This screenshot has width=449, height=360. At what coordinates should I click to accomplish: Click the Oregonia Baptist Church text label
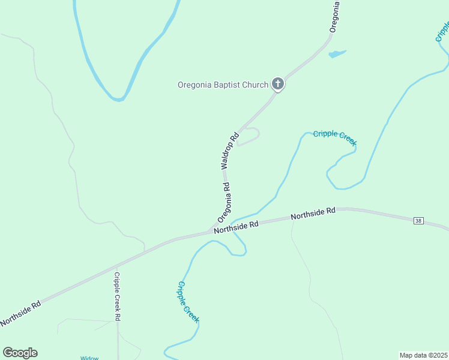pos(223,85)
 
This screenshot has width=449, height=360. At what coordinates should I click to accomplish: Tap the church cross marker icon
pos(277,84)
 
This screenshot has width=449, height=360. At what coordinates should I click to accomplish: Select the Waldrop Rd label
pos(226,150)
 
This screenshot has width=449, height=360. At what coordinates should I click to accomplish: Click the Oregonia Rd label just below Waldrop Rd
pos(224,200)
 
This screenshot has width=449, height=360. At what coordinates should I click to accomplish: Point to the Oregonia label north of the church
pos(335,17)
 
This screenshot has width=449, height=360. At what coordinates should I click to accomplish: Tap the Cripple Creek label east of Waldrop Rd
pos(335,137)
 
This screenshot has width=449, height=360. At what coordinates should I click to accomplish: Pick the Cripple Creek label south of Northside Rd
pos(187,302)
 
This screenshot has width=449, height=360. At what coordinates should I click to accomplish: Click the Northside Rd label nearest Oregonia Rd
pos(236,226)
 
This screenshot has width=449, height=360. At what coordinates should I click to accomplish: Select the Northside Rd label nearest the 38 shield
pos(313,214)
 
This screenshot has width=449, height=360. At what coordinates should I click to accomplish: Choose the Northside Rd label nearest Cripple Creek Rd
pos(20,313)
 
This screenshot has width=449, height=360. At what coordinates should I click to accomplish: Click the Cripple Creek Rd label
pos(118,296)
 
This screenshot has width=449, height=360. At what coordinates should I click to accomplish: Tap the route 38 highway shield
pos(418,221)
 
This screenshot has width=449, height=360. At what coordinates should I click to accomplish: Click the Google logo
pos(20,353)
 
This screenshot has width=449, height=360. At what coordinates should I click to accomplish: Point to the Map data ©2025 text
pos(423,355)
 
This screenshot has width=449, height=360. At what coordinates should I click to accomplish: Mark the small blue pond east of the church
pos(337,54)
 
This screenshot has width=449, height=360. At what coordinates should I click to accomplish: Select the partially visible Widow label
pos(89,358)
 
